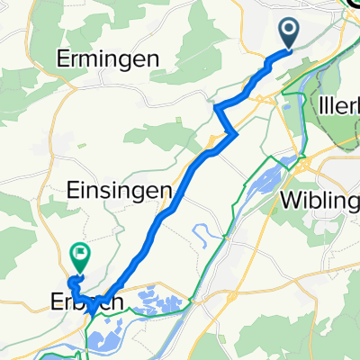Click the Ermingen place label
tap(108, 59)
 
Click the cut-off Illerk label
tap(338, 105)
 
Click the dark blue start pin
tap(290, 34)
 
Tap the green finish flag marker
tap(80, 258)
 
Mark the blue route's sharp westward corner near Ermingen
tap(217, 106)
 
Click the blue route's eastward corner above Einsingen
tap(235, 133)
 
